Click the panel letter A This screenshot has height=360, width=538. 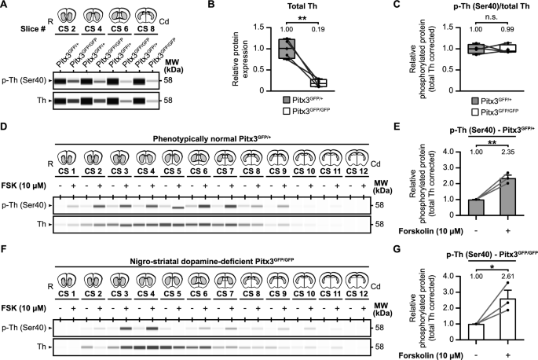pyautogui.click(x=5, y=6)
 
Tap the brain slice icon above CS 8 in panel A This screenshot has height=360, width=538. pyautogui.click(x=154, y=14)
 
